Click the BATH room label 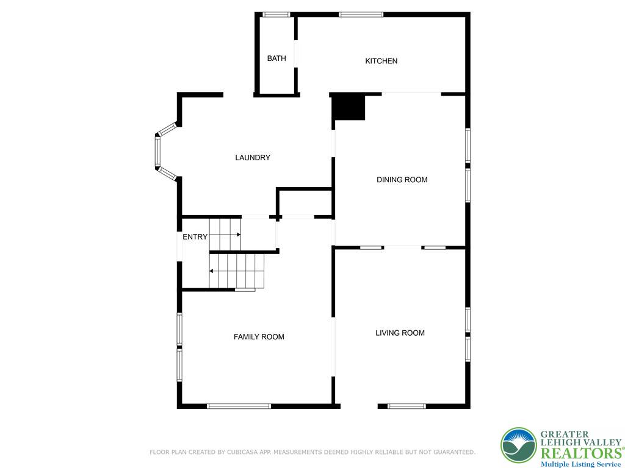click(x=276, y=58)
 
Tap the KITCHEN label click(x=381, y=61)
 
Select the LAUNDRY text click(x=253, y=158)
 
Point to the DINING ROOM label click(x=402, y=180)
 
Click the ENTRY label click(x=195, y=237)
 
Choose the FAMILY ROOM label click(x=259, y=337)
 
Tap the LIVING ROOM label click(x=400, y=333)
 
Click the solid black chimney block click(x=348, y=107)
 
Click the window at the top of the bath click(x=276, y=15)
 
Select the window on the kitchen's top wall click(x=361, y=15)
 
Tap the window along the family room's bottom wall click(x=239, y=406)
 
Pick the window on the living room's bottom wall click(x=406, y=406)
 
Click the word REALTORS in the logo click(x=580, y=453)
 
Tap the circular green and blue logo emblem click(x=518, y=445)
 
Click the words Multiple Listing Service click(x=580, y=464)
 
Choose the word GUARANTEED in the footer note click(x=450, y=452)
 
